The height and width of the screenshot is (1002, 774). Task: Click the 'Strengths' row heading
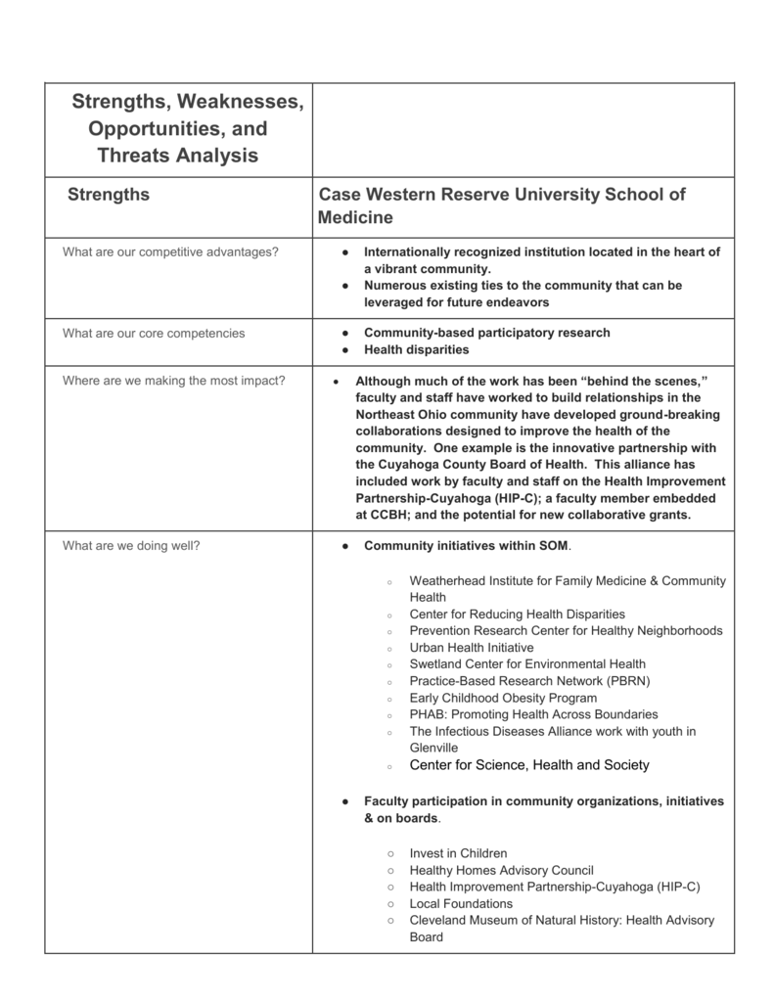[109, 195]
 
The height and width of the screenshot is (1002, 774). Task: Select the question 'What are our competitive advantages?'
[170, 252]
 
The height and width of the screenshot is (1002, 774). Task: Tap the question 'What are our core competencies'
[154, 334]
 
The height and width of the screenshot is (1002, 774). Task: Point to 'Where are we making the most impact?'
[174, 381]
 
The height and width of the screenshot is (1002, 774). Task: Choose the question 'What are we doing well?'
[131, 546]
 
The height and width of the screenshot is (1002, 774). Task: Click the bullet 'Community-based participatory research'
[486, 333]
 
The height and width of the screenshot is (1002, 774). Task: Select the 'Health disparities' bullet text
[416, 349]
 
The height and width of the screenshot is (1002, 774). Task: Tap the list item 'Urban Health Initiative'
[472, 648]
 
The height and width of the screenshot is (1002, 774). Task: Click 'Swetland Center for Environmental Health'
[527, 664]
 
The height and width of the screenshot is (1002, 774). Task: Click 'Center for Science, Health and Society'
[528, 765]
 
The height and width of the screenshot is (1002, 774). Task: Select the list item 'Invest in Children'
[458, 853]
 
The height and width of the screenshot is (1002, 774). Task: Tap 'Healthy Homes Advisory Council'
[501, 870]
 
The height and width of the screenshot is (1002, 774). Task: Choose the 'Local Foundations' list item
[461, 903]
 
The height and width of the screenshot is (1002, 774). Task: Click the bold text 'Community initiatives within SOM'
[466, 546]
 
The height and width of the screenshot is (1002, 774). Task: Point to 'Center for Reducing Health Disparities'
[517, 615]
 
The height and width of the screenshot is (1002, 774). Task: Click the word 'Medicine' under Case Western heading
[355, 217]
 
